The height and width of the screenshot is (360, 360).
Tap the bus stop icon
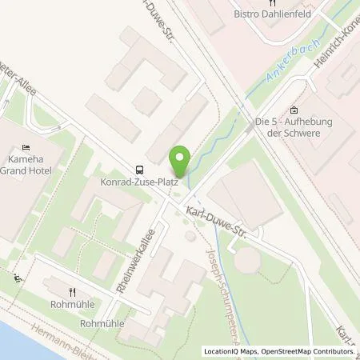point(140,169)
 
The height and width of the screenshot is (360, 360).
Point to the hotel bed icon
point(26,148)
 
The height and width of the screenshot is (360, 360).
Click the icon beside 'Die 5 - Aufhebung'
point(294,110)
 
